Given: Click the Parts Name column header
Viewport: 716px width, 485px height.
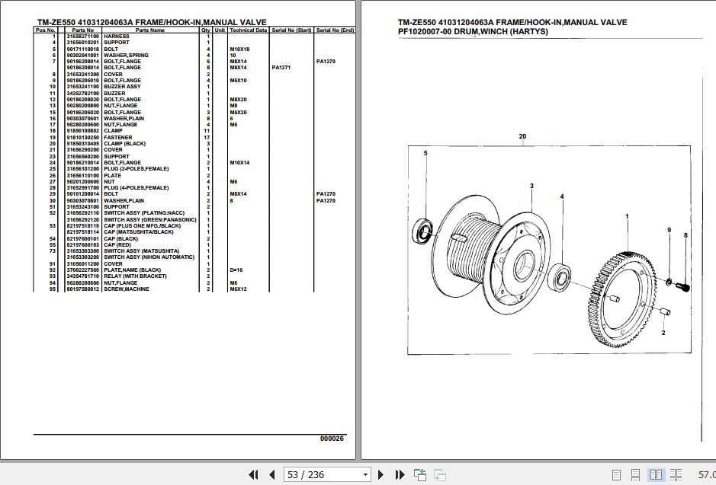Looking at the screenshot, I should pos(150,30).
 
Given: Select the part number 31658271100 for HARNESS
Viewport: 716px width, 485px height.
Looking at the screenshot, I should pos(82,37).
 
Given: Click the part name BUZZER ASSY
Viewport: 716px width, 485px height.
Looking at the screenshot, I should pos(122,87).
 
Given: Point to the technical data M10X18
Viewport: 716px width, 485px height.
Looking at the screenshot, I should pos(239,49).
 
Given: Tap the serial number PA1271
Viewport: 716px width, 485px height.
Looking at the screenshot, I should pos(281,68).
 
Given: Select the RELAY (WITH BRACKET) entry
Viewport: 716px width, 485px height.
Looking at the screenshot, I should pos(135,276).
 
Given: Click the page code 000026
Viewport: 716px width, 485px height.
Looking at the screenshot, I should pos(332,438).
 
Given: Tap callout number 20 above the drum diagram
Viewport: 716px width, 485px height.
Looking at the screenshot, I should pos(522,137).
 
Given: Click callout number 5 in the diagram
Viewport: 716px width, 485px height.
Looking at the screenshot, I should pos(425,154).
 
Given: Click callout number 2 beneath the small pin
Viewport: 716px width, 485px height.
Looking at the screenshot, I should pos(663,333).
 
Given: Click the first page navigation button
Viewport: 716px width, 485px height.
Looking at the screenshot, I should pos(254,474).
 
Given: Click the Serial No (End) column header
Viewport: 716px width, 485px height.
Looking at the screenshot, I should pos(335,30).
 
